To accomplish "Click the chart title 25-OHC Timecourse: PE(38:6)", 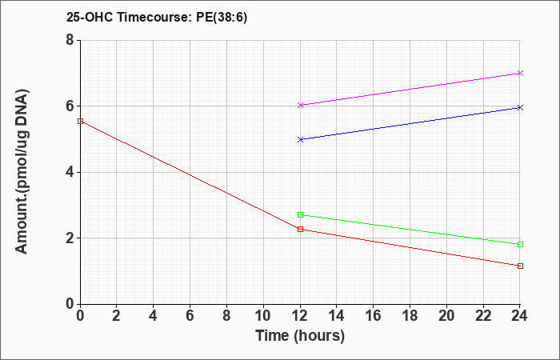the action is tap(157, 18).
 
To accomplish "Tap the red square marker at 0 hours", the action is tap(80, 122).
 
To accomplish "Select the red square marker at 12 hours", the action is tap(300, 230).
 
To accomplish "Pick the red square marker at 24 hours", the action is tap(520, 266).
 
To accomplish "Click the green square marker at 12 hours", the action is tap(300, 215).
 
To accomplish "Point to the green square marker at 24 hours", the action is tap(520, 245).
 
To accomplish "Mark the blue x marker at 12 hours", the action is tap(300, 140).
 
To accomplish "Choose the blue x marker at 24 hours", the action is tap(520, 107).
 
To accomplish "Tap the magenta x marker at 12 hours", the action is tap(300, 105).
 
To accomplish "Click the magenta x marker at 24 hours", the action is tap(520, 74).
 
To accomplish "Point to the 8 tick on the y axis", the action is tap(70, 40).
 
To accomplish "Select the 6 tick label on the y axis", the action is tap(70, 106).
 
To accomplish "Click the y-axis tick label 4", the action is tap(70, 172).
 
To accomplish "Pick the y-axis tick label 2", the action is tap(70, 238).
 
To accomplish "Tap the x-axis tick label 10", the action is tap(263, 316).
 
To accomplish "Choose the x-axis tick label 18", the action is tap(410, 316).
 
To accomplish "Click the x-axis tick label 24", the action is tap(520, 316).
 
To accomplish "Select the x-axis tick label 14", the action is tap(337, 316).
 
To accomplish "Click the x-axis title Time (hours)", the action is tap(300, 336).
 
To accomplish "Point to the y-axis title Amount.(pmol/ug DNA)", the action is tap(22, 172).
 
